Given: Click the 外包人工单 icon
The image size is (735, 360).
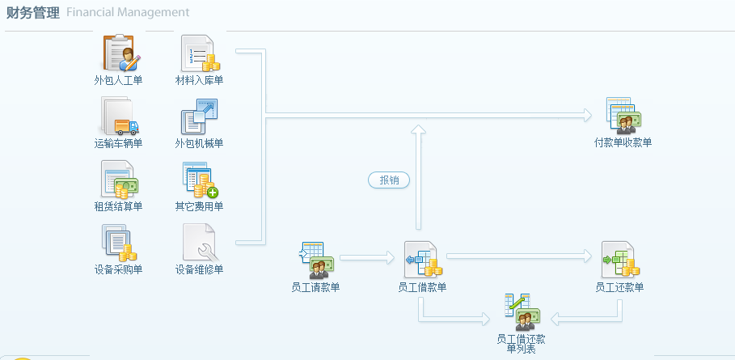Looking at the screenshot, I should [119, 53].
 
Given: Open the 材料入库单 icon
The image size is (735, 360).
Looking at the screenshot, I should [199, 53].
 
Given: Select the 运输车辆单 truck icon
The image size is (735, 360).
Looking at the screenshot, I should [119, 116].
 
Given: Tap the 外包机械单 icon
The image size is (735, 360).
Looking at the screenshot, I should [199, 116].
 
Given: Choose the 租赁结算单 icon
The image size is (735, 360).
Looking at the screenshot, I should [119, 180].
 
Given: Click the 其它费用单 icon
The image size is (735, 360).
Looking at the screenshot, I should [199, 180].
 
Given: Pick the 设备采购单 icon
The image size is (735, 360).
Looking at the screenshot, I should [119, 243].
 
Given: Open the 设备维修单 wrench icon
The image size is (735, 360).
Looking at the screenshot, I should [199, 243].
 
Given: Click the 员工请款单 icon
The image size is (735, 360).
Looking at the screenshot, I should [315, 260].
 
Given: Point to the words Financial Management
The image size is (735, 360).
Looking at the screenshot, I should [128, 13].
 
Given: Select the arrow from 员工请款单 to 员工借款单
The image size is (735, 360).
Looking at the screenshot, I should [366, 258].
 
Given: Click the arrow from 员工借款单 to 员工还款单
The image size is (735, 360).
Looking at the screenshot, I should [517, 256].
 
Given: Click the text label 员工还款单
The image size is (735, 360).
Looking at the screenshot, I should [619, 287].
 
